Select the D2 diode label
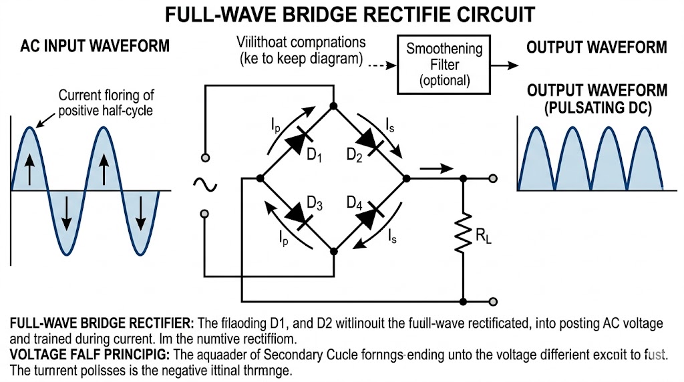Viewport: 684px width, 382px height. click(355, 155)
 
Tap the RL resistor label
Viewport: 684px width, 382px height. click(482, 235)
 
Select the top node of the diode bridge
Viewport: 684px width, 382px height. click(333, 105)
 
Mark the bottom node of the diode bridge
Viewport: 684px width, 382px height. click(333, 252)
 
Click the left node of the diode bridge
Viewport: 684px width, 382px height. click(259, 179)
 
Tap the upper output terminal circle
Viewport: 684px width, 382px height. click(493, 179)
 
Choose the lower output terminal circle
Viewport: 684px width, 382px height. click(493, 301)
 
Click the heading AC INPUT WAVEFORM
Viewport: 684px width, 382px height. click(95, 46)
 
